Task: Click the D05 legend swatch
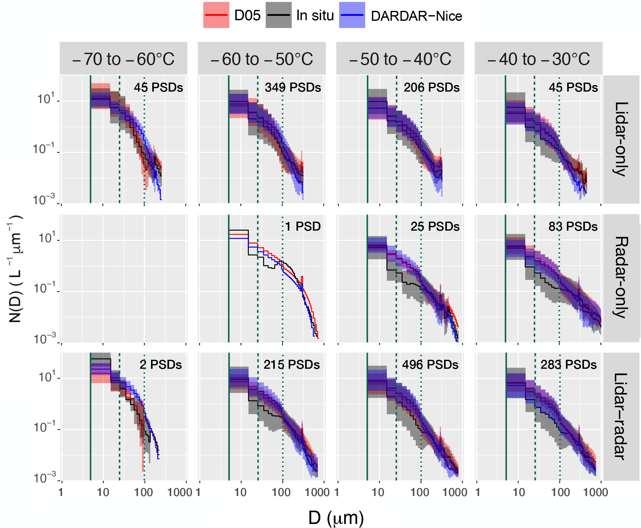[216, 15]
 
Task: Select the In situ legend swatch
[278, 15]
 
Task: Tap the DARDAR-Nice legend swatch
[352, 15]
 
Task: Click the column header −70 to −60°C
[123, 59]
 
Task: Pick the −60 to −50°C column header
[262, 59]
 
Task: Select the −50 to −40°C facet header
[400, 59]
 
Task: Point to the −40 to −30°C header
[539, 59]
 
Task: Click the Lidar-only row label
[621, 139]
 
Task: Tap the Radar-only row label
[621, 278]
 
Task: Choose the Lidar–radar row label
[621, 416]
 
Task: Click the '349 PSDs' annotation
[293, 88]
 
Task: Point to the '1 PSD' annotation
[303, 226]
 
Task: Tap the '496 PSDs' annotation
[430, 364]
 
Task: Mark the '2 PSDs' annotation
[161, 364]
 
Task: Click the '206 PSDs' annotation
[431, 88]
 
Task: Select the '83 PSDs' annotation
[573, 226]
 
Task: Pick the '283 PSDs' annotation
[568, 364]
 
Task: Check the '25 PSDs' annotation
[435, 226]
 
